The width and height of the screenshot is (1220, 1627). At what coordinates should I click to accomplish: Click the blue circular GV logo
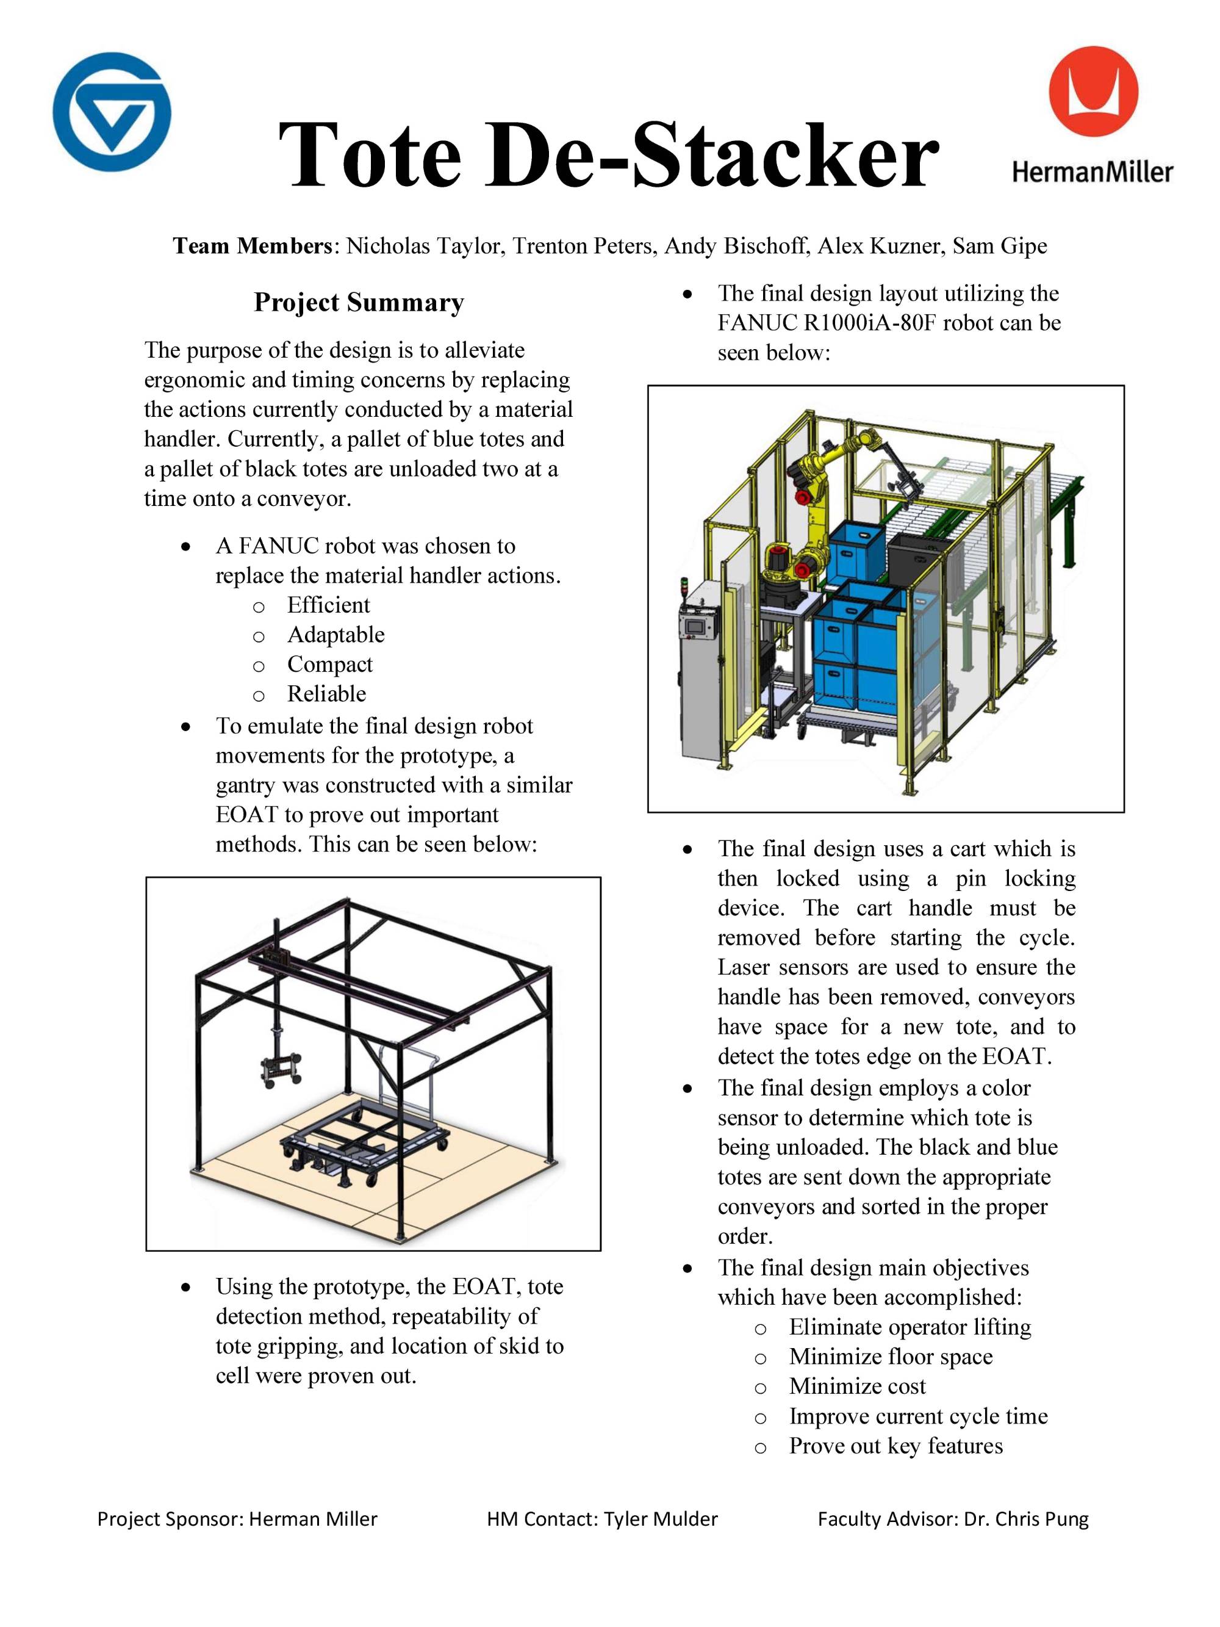[x=112, y=112]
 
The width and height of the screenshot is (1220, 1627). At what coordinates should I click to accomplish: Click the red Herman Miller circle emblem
[x=1093, y=92]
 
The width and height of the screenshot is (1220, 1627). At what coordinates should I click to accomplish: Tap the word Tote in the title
[x=369, y=155]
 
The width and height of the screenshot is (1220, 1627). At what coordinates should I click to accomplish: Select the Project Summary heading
[x=359, y=302]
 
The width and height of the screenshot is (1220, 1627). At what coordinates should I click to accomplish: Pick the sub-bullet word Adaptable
[x=335, y=634]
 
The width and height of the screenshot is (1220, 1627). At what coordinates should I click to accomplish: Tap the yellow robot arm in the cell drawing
[x=815, y=515]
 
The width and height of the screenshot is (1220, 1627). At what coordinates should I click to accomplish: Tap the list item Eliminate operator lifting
[x=910, y=1327]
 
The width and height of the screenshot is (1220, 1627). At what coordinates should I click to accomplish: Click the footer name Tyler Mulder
[x=661, y=1519]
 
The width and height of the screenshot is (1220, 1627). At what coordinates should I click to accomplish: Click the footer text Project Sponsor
[x=168, y=1519]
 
